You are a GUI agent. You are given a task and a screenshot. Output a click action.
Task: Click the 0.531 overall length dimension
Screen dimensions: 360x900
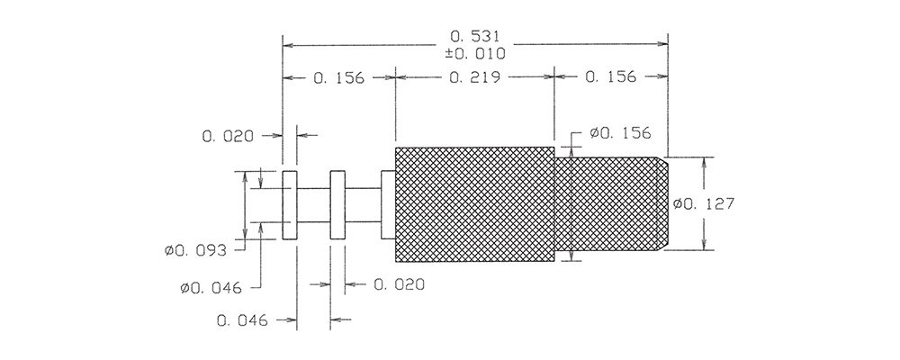point(476,37)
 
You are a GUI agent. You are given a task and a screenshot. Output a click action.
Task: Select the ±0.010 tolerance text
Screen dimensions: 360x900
point(476,54)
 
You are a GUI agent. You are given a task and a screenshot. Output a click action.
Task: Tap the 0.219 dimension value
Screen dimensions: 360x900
point(474,77)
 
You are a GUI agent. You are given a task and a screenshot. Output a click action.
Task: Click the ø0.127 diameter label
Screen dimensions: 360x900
point(705,204)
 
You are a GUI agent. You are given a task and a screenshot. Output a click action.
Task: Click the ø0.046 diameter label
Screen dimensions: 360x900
point(214,288)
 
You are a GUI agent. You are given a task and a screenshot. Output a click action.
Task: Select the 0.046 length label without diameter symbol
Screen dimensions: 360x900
point(243,319)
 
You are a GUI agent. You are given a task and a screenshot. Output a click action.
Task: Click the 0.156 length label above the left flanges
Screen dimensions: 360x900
point(338,77)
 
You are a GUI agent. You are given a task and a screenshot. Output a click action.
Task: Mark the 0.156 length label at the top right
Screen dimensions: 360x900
point(610,77)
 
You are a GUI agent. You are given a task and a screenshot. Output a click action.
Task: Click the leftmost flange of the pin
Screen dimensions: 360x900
point(291,204)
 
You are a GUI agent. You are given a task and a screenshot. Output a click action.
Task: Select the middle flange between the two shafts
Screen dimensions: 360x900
point(338,204)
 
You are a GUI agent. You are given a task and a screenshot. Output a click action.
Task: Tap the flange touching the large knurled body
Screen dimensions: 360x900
point(388,204)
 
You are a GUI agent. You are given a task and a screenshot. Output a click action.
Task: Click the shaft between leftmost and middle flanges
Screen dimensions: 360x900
point(314,204)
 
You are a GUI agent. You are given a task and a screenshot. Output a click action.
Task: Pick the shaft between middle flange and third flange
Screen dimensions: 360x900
point(364,204)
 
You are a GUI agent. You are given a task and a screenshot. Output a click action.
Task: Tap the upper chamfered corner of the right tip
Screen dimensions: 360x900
point(664,162)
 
